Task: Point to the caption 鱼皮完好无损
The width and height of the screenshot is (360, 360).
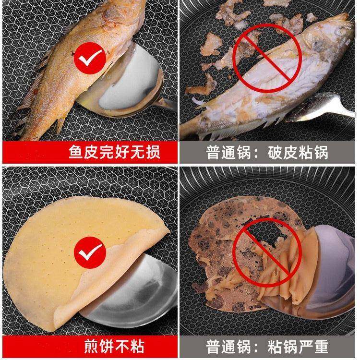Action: point(114,153)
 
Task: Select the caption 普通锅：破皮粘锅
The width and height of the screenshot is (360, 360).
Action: point(267,153)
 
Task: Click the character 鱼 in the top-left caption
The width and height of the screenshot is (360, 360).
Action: point(76,153)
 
